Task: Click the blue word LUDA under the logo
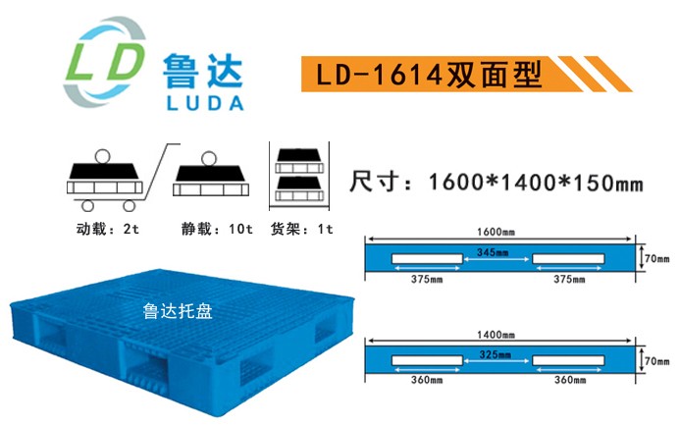204,103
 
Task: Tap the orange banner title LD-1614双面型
429,74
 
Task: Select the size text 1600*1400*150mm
536,182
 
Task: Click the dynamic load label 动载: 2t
108,228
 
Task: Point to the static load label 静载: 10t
217,228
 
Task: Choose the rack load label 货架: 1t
302,228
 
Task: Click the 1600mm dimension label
496,232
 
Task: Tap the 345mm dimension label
493,252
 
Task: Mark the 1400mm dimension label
496,335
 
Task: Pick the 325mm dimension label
495,354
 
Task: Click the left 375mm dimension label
427,279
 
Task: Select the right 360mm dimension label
570,380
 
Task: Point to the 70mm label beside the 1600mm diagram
656,259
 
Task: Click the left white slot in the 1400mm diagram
427,360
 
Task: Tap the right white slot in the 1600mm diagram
568,259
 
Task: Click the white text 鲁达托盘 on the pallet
178,311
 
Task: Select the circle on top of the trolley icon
103,156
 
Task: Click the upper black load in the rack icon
299,155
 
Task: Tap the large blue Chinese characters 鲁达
203,72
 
